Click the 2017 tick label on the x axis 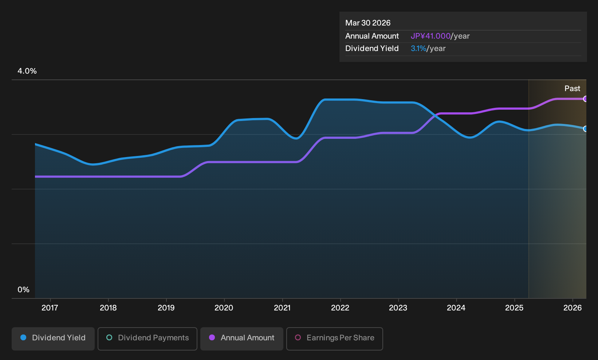(x=50, y=308)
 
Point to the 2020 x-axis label (x=224, y=308)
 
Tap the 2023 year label (x=398, y=308)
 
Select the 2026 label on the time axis (x=573, y=308)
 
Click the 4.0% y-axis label (x=27, y=71)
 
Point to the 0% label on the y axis (x=24, y=290)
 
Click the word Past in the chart (x=572, y=89)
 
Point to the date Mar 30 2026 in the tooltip (x=367, y=23)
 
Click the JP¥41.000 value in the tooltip (x=430, y=36)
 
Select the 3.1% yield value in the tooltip (x=418, y=48)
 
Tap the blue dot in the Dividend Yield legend (x=24, y=337)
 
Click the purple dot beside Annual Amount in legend (x=212, y=337)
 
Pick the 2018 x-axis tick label (x=108, y=308)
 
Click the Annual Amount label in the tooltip (x=372, y=36)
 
